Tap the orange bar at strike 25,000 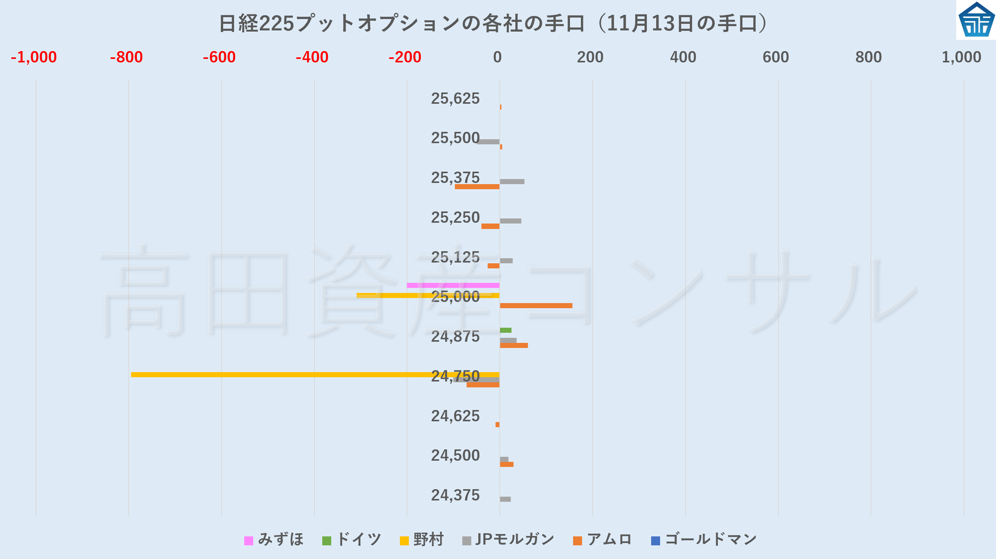(536, 305)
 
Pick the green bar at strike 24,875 (506, 330)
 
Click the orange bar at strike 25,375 (477, 186)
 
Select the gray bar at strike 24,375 (505, 499)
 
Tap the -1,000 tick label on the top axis (34, 57)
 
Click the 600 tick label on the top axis (776, 57)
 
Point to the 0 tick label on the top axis (497, 57)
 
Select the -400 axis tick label (312, 57)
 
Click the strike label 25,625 (455, 99)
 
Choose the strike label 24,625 (455, 416)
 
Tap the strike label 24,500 (455, 456)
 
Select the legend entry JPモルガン (509, 540)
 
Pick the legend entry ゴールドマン (705, 540)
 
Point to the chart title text (494, 23)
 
